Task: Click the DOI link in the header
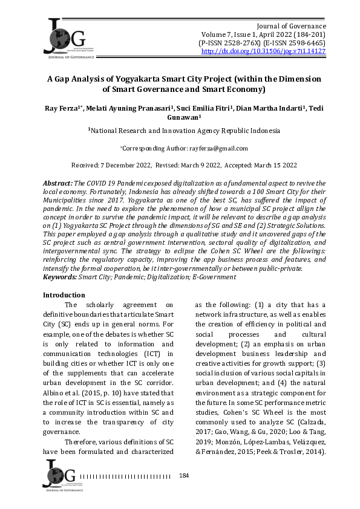click(263, 52)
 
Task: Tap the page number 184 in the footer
click(185, 476)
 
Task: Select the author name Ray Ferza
click(62, 107)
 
